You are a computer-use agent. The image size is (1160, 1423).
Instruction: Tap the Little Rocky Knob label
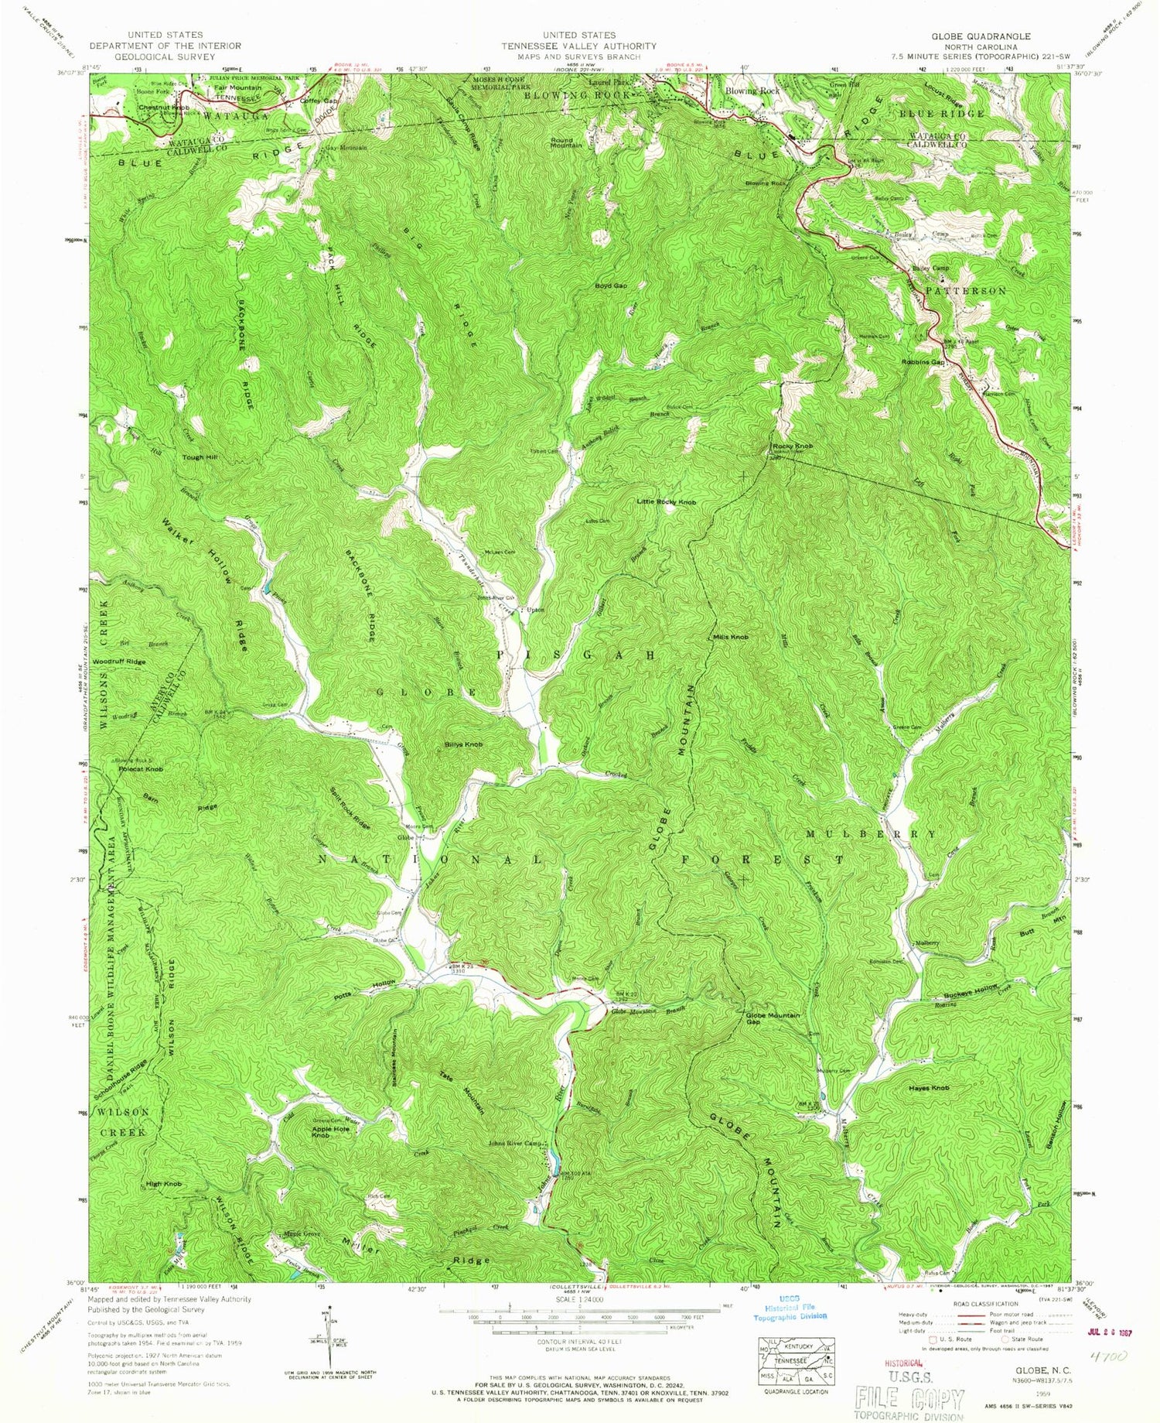pyautogui.click(x=666, y=502)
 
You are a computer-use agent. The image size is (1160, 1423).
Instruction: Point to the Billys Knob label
pyautogui.click(x=464, y=744)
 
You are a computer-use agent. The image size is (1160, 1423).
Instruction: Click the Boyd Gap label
pyautogui.click(x=610, y=286)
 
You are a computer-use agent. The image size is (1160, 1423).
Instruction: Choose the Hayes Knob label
pyautogui.click(x=929, y=1088)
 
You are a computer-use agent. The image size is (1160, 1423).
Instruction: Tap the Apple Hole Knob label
pyautogui.click(x=330, y=1132)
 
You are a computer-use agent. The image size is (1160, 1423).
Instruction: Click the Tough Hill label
pyautogui.click(x=200, y=457)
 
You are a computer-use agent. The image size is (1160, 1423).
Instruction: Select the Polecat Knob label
pyautogui.click(x=140, y=770)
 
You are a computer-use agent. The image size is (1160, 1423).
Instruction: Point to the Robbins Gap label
pyautogui.click(x=922, y=362)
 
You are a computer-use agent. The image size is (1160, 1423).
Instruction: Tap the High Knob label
pyautogui.click(x=164, y=1185)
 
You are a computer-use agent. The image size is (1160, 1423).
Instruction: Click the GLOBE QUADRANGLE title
pyautogui.click(x=981, y=36)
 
